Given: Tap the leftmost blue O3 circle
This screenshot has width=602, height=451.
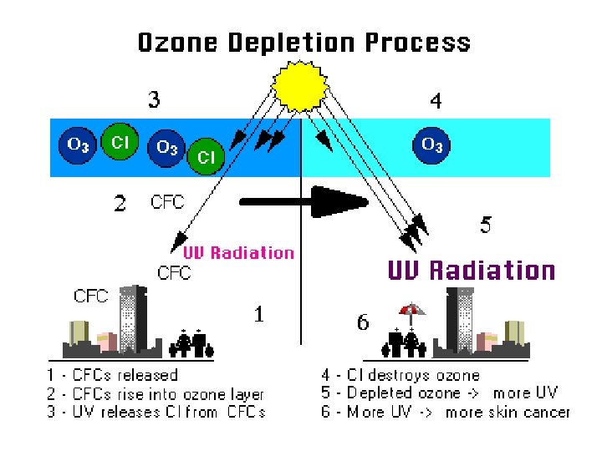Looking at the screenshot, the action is click(x=78, y=144).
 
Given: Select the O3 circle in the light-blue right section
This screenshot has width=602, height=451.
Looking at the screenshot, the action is click(x=432, y=144).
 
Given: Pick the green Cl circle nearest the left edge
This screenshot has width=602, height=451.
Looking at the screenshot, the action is click(x=120, y=143).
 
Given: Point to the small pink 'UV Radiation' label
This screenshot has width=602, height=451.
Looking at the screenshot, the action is click(x=239, y=252).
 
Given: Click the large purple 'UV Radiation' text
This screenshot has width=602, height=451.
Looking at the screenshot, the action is click(x=471, y=271).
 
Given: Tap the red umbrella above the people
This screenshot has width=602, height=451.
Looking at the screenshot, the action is click(x=411, y=312).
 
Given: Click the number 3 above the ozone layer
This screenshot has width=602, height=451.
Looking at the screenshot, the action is click(x=155, y=100).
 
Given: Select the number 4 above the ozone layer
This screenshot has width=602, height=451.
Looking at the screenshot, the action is click(x=436, y=101).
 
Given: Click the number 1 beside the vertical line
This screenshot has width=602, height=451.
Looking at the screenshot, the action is click(x=260, y=314).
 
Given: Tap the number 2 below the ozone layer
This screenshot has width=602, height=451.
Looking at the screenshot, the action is click(x=120, y=203).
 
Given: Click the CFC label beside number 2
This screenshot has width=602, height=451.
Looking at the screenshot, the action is click(x=167, y=201).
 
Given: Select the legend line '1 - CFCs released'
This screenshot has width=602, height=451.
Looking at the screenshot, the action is click(x=111, y=376).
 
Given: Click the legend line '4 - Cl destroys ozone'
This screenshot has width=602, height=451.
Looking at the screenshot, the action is click(x=400, y=376).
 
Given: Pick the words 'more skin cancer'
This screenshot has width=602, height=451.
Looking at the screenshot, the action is click(x=508, y=412).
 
